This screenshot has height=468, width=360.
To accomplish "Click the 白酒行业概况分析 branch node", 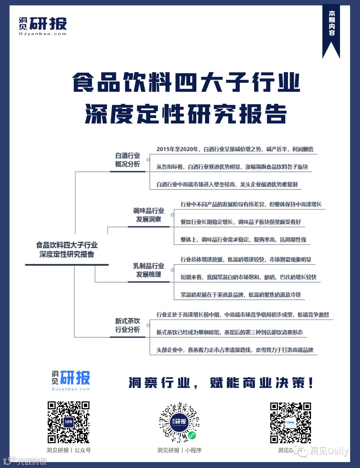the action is [x=128, y=160].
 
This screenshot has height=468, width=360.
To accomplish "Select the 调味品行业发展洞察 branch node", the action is [x=149, y=215].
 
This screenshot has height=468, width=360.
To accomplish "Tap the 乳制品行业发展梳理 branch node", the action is [x=149, y=270].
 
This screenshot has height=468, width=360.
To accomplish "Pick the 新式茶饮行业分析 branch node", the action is [x=128, y=325].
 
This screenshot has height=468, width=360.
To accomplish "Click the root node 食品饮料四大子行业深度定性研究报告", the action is [x=67, y=250].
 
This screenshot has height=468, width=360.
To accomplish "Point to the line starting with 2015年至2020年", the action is [x=235, y=149].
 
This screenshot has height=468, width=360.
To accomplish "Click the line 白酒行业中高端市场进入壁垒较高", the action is [x=227, y=184].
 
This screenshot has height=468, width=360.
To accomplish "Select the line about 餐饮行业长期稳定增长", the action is [x=241, y=222].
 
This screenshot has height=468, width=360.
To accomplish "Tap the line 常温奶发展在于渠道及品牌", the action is [x=241, y=295].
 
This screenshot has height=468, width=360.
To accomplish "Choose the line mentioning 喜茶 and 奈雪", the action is [x=235, y=350].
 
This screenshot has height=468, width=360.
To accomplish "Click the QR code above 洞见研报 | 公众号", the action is [x=68, y=422].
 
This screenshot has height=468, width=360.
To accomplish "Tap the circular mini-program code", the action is [x=179, y=422].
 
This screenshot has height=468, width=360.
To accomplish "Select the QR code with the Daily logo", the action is [x=290, y=422].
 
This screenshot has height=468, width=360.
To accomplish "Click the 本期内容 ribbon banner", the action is [x=331, y=27].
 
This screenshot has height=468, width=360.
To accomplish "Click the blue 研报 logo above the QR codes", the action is [x=71, y=380].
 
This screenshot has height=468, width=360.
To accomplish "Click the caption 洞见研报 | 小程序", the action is [x=179, y=450].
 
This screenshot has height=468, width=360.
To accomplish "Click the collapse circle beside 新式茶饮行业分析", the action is [x=148, y=325].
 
